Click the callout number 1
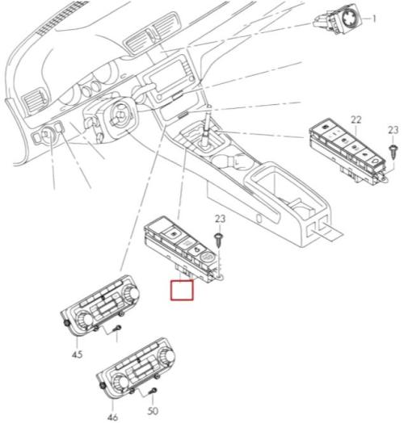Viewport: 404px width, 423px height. tap(374, 19)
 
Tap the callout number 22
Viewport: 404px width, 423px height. tap(356, 119)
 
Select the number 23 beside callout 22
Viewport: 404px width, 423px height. tap(393, 130)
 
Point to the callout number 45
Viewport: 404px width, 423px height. tap(78, 354)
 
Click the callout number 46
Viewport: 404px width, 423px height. tap(112, 417)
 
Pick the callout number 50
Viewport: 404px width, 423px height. tap(153, 411)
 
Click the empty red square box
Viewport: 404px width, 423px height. tap(182, 290)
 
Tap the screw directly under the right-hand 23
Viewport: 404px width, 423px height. tap(393, 152)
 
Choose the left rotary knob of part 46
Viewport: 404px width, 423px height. tap(120, 383)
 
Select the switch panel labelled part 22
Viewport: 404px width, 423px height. tap(348, 150)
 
